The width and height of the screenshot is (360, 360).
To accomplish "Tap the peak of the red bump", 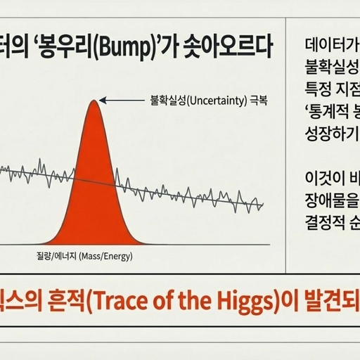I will [95, 101].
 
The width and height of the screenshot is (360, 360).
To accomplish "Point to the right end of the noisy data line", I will [263, 206].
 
